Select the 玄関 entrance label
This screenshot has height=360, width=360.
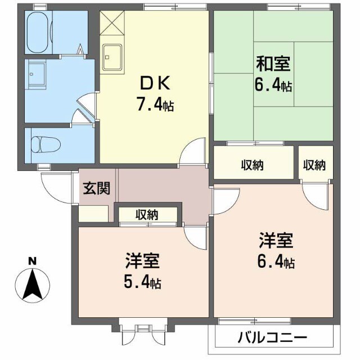click(96, 188)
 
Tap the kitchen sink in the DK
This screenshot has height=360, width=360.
click(114, 56)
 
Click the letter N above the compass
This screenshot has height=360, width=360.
click(33, 261)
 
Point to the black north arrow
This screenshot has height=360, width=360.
click(33, 283)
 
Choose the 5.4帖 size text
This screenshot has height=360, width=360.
click(142, 282)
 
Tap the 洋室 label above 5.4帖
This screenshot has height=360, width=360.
click(142, 262)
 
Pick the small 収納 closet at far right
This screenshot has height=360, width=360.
click(314, 165)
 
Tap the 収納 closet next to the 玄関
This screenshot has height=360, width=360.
click(147, 214)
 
